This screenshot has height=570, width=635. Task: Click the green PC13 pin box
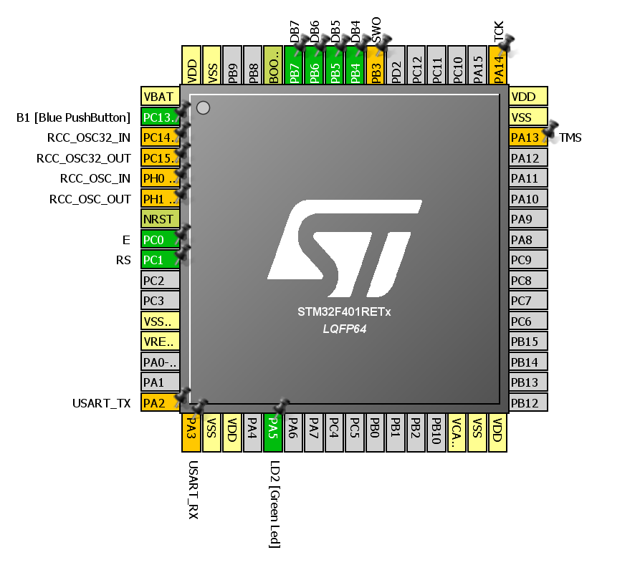160,117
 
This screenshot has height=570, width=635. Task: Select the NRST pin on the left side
160,219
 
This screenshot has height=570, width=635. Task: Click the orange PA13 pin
527,137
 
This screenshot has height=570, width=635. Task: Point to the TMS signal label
570,137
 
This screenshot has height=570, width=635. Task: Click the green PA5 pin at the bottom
273,433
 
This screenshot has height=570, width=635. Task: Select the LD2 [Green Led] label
274,504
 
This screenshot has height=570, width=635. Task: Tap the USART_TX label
102,403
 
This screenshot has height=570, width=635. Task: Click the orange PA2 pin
160,403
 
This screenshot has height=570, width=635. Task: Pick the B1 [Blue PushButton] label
73,117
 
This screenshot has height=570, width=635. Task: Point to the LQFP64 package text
345,328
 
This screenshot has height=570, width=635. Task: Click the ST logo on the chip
345,248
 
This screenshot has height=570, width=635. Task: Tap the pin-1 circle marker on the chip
203,107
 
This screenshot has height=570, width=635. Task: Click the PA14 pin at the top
498,66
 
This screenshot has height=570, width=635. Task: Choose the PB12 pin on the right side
527,403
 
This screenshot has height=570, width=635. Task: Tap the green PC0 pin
160,240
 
